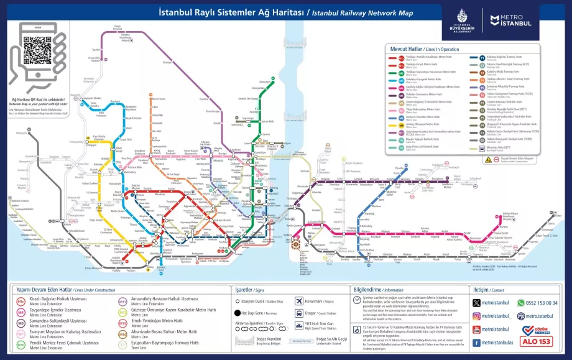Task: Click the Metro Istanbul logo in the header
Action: (x=510, y=21)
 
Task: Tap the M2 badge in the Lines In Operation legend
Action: (x=392, y=64)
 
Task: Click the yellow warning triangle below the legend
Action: (x=488, y=159)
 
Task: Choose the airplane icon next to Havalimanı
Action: (x=300, y=301)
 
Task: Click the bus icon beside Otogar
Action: (x=300, y=313)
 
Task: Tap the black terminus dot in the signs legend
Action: (x=238, y=313)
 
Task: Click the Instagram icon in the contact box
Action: (x=476, y=315)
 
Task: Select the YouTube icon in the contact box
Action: (x=476, y=329)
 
